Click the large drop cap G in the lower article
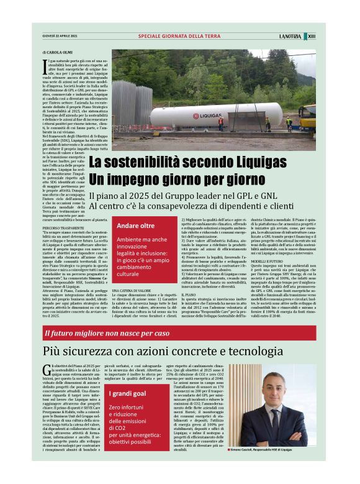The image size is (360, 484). coord(46,372)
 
